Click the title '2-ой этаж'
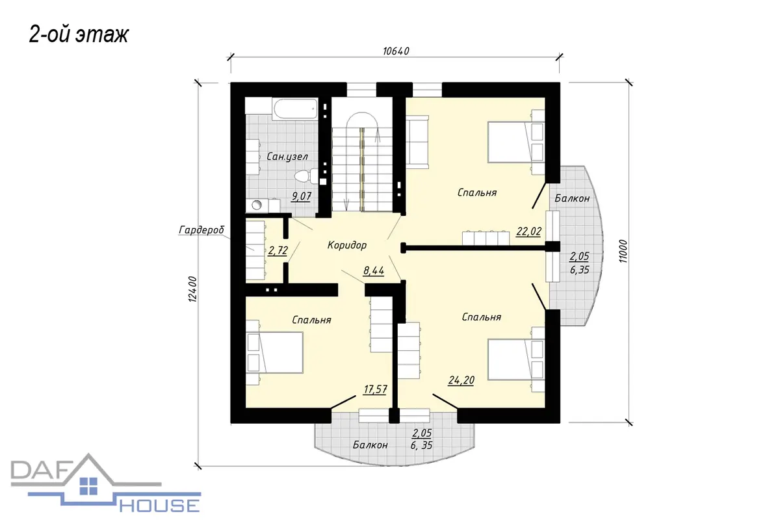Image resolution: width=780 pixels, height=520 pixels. [79, 35]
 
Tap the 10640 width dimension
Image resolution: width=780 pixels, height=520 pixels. [396, 51]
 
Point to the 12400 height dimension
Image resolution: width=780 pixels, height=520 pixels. [192, 289]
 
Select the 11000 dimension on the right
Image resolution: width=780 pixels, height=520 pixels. [623, 251]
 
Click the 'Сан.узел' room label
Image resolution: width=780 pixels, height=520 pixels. [287, 157]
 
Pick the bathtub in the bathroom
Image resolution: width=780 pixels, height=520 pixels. [295, 109]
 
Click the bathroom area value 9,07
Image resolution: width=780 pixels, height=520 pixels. [301, 196]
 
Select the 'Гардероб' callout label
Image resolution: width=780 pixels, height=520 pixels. [201, 230]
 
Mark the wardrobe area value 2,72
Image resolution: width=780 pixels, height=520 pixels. [278, 250]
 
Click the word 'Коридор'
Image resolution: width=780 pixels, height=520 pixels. [347, 245]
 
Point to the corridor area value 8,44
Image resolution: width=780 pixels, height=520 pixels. [374, 270]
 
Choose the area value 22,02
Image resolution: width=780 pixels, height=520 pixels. [528, 231]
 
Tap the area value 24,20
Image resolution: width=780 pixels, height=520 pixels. [461, 380]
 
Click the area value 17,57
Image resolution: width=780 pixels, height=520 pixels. [375, 389]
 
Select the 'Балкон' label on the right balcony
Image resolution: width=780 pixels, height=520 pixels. [572, 198]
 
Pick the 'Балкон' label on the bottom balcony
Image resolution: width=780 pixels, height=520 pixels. [370, 445]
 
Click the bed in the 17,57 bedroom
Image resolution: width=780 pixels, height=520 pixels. [274, 352]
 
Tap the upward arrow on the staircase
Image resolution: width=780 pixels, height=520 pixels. [377, 135]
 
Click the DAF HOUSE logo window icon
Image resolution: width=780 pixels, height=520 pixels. [89, 486]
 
